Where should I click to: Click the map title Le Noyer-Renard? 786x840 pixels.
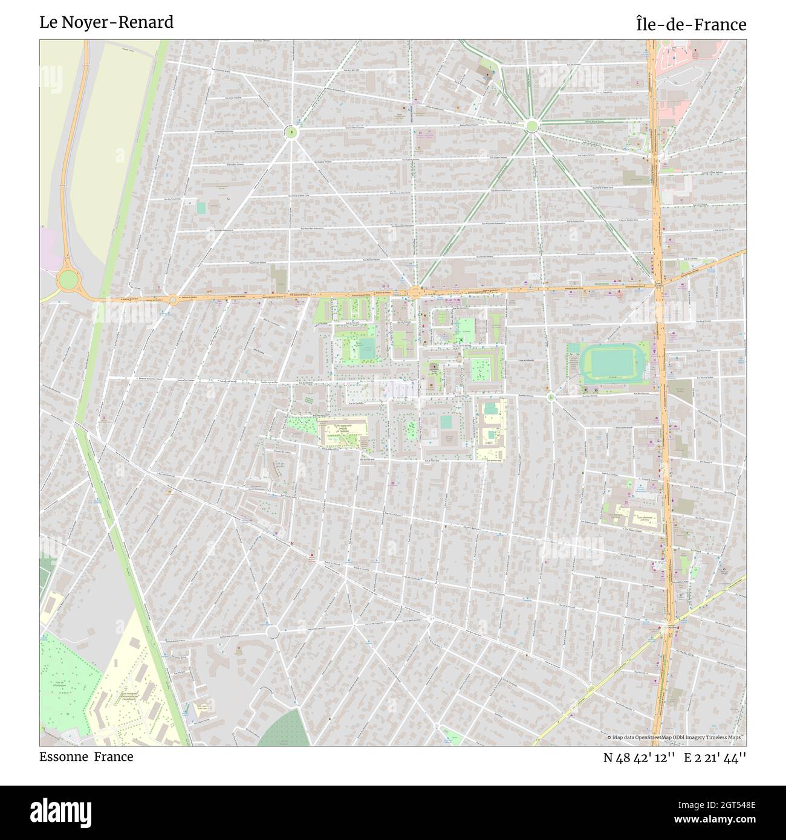point(106,23)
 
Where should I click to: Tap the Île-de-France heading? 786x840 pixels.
point(690,24)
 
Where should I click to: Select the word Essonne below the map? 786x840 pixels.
point(63,757)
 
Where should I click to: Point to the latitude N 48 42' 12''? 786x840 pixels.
point(638,758)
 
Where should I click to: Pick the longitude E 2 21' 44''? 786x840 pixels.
point(715,758)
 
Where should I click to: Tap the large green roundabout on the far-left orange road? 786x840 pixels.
point(68,279)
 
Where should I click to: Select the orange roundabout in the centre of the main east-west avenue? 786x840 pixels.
point(415,293)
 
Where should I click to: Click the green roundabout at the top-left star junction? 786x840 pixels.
point(291,131)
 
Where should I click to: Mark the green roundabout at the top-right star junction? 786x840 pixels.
point(531,126)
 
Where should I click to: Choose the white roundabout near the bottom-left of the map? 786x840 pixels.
point(273,632)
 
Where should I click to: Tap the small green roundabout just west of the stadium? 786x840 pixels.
point(550,397)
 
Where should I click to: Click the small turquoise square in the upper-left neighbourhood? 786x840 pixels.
point(201,207)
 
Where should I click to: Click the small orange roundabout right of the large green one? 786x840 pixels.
point(173,299)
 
